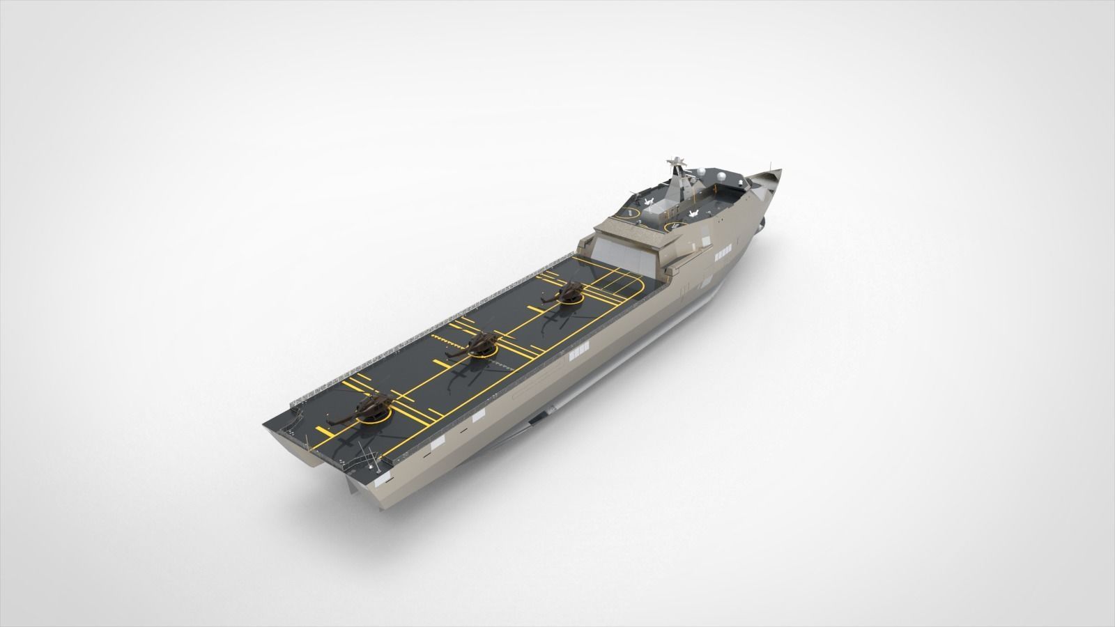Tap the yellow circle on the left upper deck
pos(628,213)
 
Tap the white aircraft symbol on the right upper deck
pos(694,213)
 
